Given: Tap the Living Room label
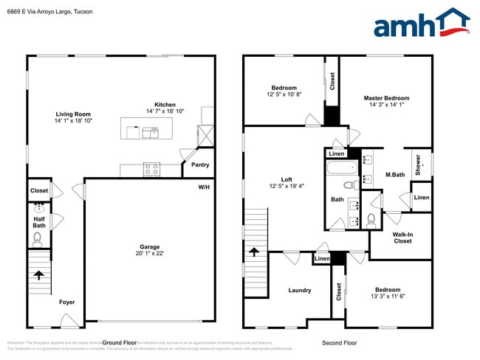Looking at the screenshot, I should coord(73,114).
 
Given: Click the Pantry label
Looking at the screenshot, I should coord(200,165).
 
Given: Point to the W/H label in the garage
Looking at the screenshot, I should coord(204,187).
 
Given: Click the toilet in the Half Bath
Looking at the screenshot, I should coord(38,238).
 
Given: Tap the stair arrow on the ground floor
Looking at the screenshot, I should coord(38,275).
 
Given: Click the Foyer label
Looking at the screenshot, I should coord(66,302).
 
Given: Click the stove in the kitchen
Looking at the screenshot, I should coord(151,169).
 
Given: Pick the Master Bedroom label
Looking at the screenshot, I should coord(385,98).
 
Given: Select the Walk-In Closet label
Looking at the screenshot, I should coord(402,238).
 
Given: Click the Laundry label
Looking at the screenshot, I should coord(300,290).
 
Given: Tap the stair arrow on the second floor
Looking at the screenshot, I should coord(254,252).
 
